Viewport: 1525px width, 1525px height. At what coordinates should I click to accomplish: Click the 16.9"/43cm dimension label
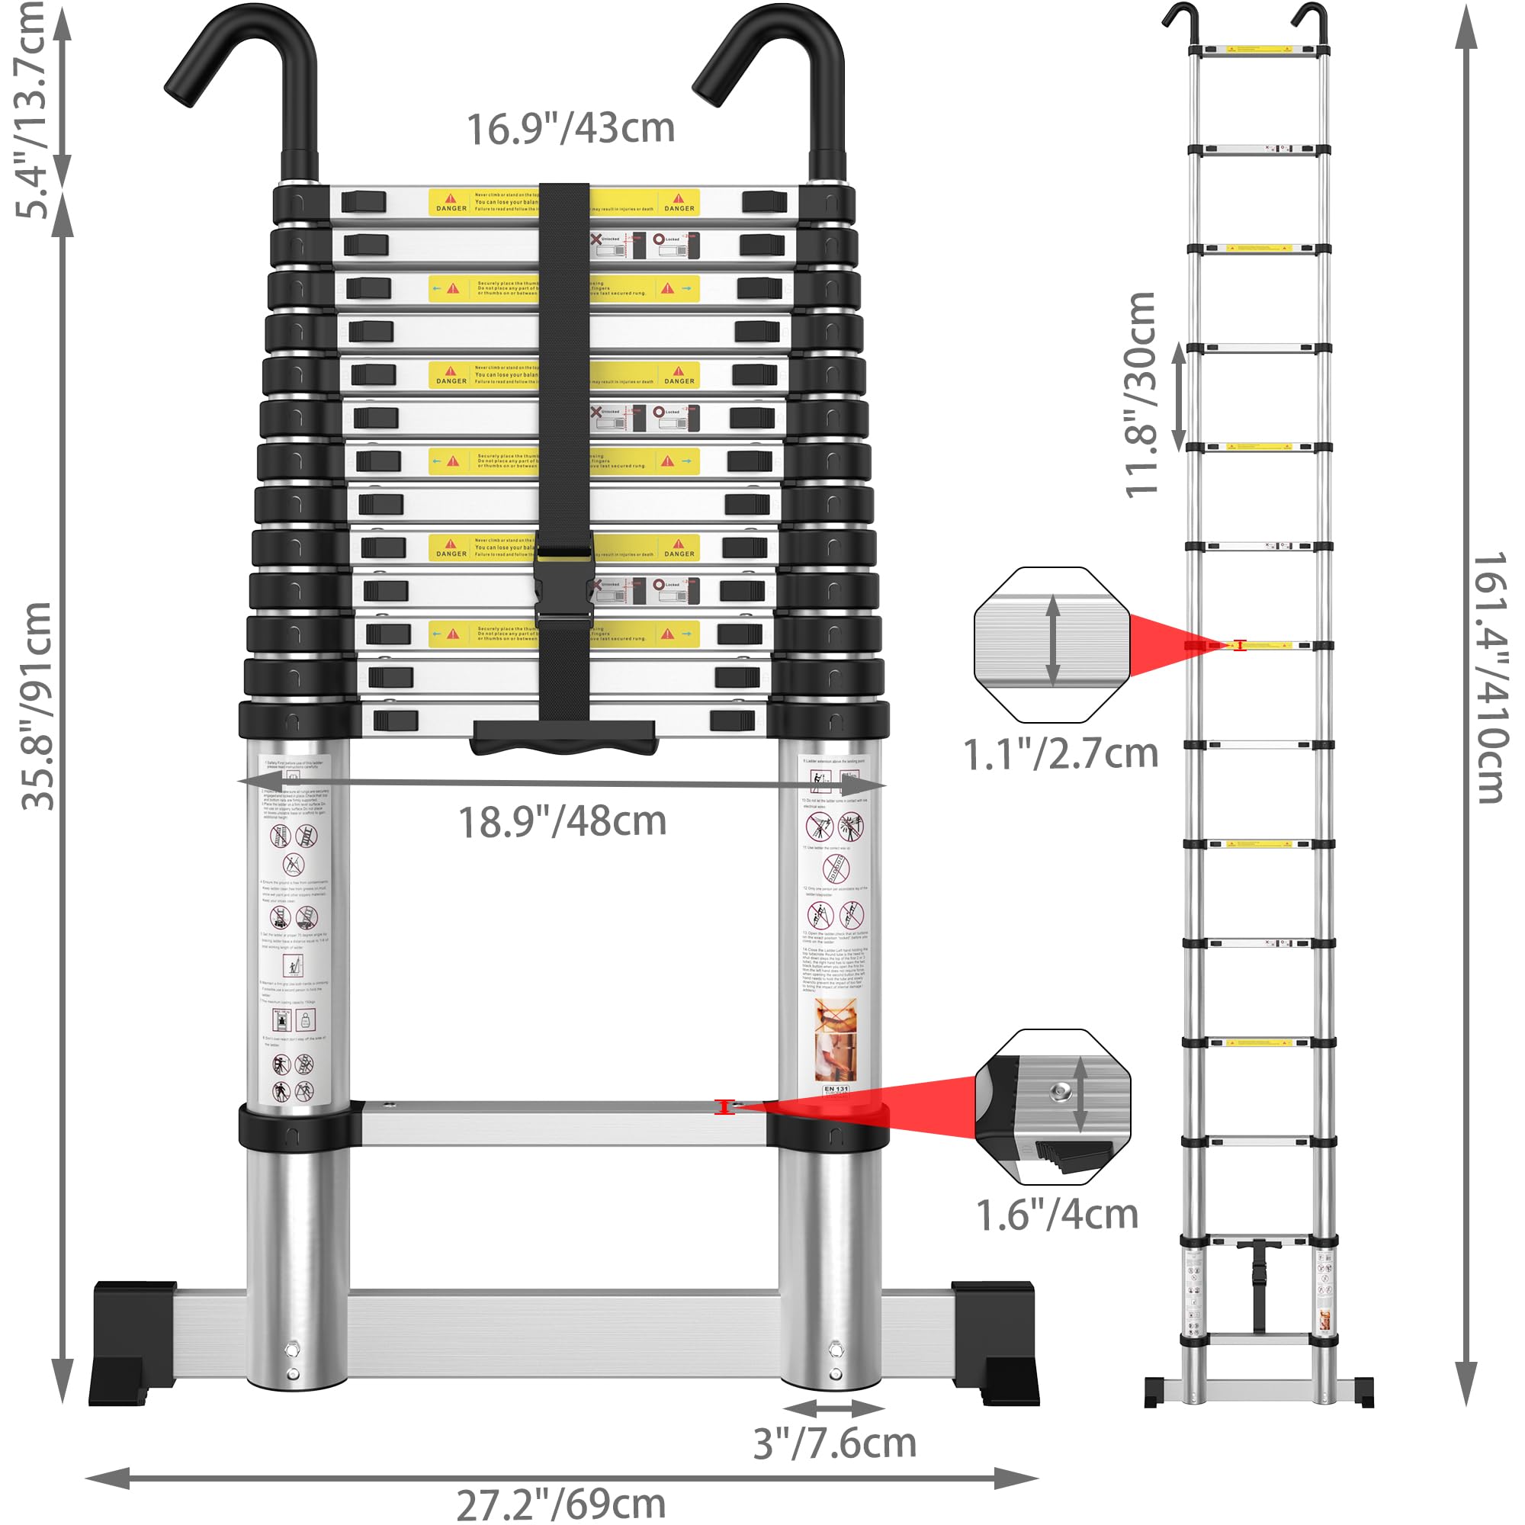point(570,129)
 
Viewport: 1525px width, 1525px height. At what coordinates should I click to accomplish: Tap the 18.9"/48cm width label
point(562,822)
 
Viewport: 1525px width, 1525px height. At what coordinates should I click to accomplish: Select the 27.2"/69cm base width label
point(560,1504)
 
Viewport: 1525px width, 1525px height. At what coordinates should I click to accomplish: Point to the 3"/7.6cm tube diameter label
point(834,1443)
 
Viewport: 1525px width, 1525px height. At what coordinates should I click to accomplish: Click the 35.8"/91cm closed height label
point(37,707)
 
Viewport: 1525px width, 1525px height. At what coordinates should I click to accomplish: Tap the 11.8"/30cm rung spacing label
point(1141,395)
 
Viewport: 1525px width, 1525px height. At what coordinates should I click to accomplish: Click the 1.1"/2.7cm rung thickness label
point(1060,755)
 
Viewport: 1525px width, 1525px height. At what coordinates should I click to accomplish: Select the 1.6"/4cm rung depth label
point(1057,1215)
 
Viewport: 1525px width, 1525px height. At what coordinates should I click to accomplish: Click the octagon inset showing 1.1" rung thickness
point(1051,645)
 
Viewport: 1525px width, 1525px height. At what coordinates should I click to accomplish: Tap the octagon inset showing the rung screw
point(1052,1106)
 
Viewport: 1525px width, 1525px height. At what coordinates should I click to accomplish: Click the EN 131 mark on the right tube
point(836,1090)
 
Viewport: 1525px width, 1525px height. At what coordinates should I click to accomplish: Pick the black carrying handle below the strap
point(563,737)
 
